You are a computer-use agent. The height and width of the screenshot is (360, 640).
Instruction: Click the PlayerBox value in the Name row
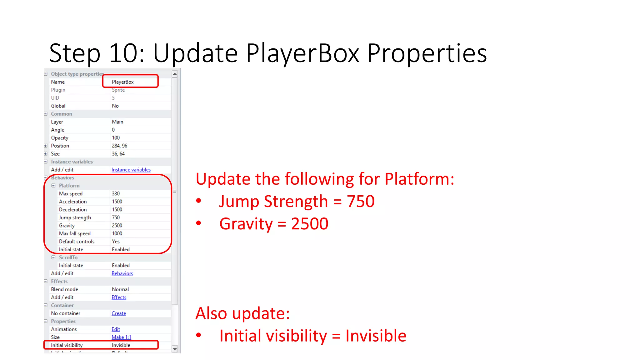123,82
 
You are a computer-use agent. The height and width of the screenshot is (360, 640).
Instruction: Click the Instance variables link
131,170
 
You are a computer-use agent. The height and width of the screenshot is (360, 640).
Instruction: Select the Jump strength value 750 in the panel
116,217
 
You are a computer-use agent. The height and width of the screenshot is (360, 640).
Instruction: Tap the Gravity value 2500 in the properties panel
117,226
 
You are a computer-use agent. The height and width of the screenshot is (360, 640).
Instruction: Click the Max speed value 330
116,194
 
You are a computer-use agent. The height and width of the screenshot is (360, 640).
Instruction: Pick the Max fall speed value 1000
117,233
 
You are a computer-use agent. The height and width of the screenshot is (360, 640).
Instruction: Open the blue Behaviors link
122,273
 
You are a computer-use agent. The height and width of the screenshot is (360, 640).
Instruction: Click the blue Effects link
119,297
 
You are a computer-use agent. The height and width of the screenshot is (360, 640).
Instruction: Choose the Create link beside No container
119,313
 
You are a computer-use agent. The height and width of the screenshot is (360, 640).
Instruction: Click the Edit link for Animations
116,329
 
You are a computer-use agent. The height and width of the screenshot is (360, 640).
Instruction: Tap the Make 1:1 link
121,337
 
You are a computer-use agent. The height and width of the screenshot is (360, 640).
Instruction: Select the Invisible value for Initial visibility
121,345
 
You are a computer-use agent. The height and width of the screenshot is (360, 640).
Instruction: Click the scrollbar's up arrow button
175,74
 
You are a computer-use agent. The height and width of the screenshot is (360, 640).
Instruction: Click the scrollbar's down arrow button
175,349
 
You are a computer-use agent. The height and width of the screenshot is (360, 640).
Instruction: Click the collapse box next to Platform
53,186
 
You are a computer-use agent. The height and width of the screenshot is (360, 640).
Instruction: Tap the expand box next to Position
46,146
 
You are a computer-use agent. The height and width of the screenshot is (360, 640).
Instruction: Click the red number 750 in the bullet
361,201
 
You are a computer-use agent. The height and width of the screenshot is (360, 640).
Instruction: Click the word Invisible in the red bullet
376,336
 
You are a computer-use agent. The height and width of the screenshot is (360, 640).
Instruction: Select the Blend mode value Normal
120,289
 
